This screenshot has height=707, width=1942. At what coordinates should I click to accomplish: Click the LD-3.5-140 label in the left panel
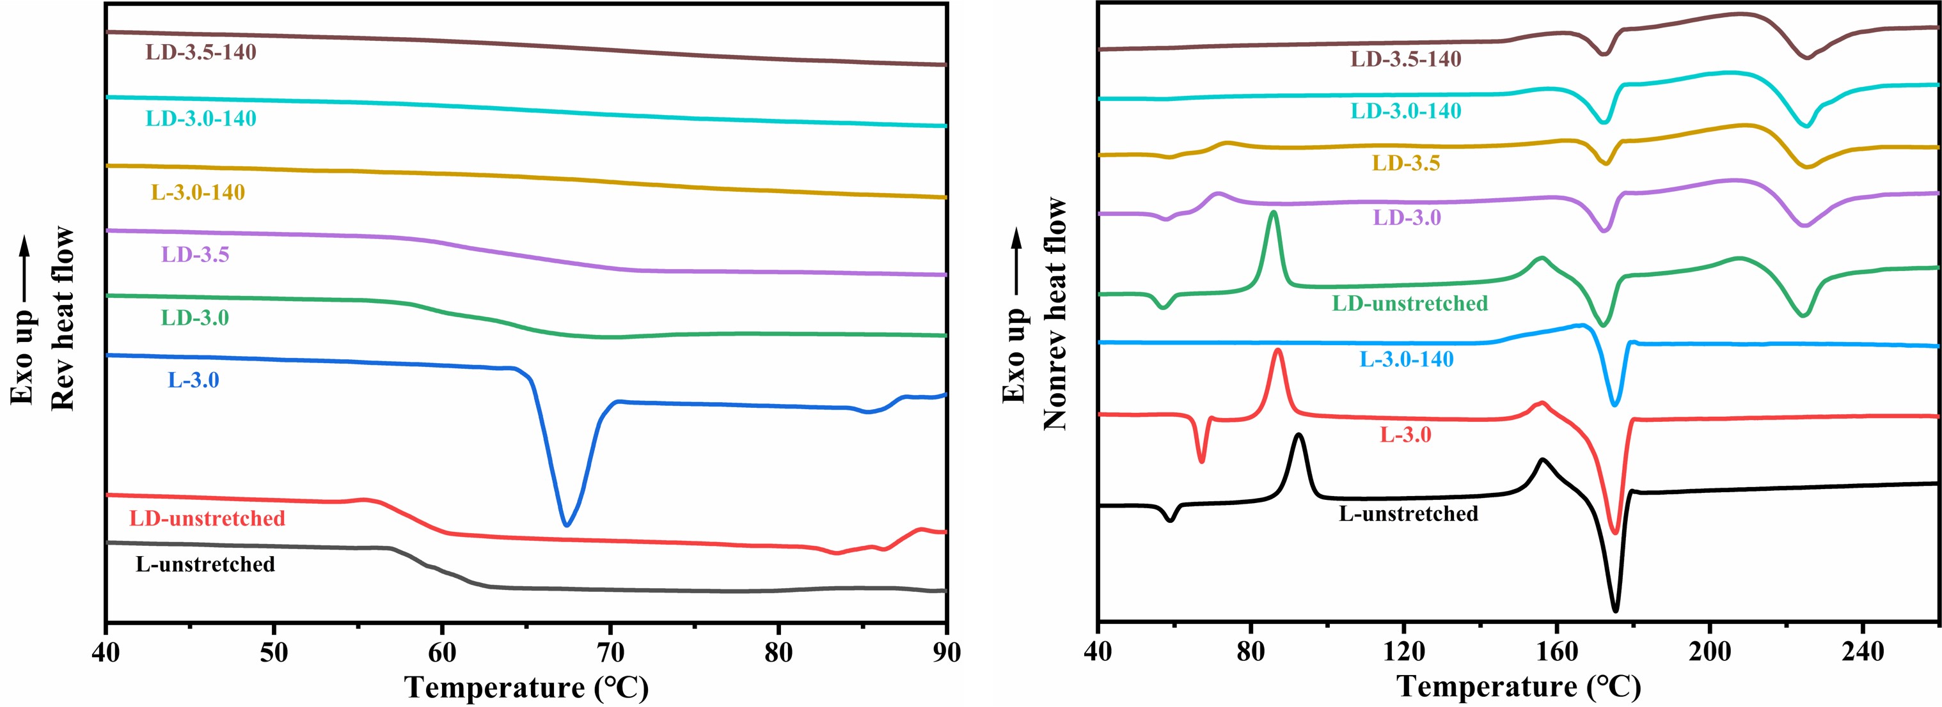click(x=201, y=52)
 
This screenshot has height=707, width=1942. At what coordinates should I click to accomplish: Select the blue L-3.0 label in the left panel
click(x=193, y=380)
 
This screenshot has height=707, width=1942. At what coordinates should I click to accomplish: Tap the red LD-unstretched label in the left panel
click(x=207, y=518)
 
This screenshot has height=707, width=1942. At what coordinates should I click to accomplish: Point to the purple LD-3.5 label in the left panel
click(x=194, y=255)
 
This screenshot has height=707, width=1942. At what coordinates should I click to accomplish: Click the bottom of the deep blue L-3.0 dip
click(x=566, y=524)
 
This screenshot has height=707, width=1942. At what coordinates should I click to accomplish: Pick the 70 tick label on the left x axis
click(x=610, y=653)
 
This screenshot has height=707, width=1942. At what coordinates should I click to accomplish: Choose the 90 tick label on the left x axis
click(x=945, y=653)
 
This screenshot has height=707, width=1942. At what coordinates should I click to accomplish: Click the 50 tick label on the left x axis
click(x=274, y=653)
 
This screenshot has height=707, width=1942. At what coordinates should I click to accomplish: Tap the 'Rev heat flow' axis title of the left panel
click(x=63, y=318)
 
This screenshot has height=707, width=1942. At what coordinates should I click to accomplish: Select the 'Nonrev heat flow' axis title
click(x=1055, y=314)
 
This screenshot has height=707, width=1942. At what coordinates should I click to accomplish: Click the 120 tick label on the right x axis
click(x=1403, y=653)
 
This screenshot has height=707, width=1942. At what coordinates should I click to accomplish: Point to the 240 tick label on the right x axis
click(x=1862, y=653)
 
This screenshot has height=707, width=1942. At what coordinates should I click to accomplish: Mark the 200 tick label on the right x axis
click(x=1709, y=653)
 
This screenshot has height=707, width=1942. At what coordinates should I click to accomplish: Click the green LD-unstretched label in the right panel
click(x=1410, y=304)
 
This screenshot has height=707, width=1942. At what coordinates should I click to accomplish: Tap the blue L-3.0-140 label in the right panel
click(x=1406, y=359)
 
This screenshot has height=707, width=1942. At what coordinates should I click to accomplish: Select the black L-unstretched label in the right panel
click(x=1409, y=514)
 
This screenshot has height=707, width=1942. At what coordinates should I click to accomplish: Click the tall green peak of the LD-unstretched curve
click(x=1274, y=214)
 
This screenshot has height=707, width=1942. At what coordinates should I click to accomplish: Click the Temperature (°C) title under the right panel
click(x=1519, y=687)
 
